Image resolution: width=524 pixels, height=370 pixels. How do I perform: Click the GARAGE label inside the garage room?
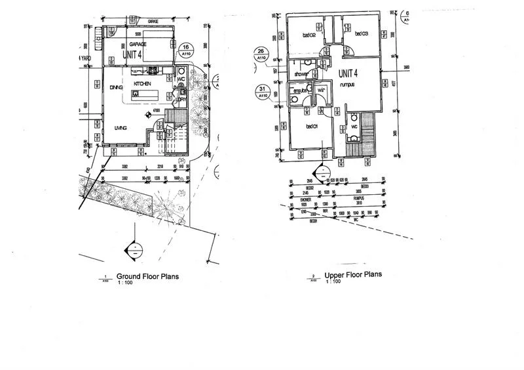click(x=137, y=44)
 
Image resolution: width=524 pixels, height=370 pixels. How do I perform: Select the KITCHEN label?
click(x=143, y=85)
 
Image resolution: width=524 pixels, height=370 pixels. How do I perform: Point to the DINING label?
click(x=117, y=87)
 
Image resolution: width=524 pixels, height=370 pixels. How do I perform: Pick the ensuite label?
click(x=299, y=91)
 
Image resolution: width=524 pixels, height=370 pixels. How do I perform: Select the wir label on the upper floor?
click(x=321, y=91)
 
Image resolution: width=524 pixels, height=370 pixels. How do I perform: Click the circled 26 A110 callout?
click(x=262, y=52)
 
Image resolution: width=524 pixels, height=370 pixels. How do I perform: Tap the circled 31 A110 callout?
click(x=262, y=91)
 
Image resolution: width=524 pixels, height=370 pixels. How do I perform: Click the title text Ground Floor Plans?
click(x=147, y=276)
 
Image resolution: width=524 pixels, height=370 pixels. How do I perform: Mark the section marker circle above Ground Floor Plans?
click(x=135, y=249)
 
